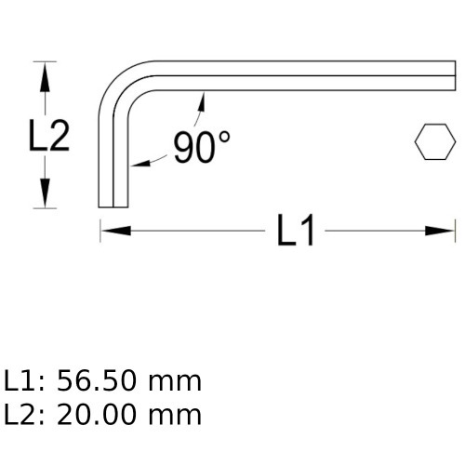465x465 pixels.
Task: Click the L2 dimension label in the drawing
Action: coord(46,137)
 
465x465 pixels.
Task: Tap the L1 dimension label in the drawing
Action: coord(298,232)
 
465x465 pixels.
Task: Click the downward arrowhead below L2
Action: coord(43,197)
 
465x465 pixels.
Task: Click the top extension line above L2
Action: coord(43,62)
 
